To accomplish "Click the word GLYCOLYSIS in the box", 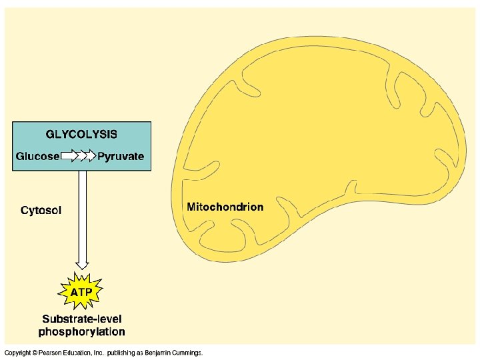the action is click(81, 134).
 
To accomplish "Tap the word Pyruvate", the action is click(121, 157).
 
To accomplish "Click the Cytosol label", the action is click(41, 211).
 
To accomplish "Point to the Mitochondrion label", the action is click(225, 207).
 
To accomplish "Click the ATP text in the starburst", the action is click(82, 292).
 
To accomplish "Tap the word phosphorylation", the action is click(82, 331).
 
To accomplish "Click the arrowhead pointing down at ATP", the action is click(83, 264).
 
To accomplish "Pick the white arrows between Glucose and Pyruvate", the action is click(79, 157).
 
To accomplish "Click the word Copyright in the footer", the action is click(17, 352).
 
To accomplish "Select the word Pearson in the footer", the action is click(51, 352).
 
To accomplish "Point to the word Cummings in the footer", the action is click(187, 352).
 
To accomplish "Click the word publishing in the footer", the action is click(121, 352).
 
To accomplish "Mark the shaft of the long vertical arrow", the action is click(83, 213).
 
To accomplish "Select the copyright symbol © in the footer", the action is click(33, 352).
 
